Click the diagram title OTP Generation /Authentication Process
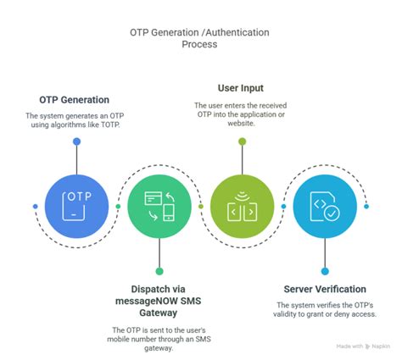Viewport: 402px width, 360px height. pyautogui.click(x=199, y=38)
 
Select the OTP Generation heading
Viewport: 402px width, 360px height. pyautogui.click(x=74, y=100)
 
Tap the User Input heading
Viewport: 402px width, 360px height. pyautogui.click(x=241, y=88)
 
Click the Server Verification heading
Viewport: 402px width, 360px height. pyautogui.click(x=325, y=289)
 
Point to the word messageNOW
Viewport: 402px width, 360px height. pyautogui.click(x=147, y=301)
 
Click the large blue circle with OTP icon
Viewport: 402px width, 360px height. pyautogui.click(x=76, y=207)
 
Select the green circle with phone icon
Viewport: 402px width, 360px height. pyautogui.click(x=159, y=207)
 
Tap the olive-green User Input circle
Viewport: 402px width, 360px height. pyautogui.click(x=243, y=207)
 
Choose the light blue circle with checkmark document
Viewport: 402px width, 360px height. pyautogui.click(x=325, y=207)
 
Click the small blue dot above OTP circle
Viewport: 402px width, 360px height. pyautogui.click(x=76, y=141)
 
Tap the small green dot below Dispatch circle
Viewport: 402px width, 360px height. pyautogui.click(x=159, y=271)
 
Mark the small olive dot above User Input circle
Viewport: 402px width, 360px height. pyautogui.click(x=243, y=141)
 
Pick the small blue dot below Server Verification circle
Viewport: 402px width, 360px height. pyautogui.click(x=325, y=271)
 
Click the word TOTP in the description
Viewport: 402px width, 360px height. pyautogui.click(x=110, y=125)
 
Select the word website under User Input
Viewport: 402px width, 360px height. pyautogui.click(x=241, y=124)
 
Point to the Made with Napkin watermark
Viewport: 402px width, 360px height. pyautogui.click(x=363, y=346)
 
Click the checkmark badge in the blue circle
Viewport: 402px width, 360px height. pyautogui.click(x=332, y=213)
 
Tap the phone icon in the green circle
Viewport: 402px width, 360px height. pyautogui.click(x=169, y=213)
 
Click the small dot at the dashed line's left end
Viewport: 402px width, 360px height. pyautogui.click(x=36, y=207)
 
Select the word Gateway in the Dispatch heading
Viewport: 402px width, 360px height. pyautogui.click(x=159, y=313)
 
